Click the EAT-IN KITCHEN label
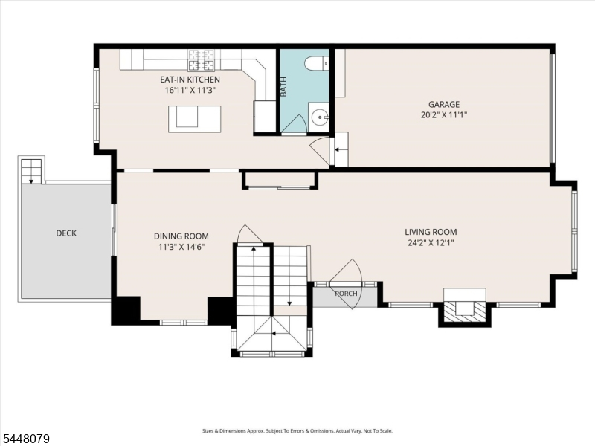point(190,80)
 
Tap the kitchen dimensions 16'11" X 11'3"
point(190,91)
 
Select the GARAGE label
point(444,104)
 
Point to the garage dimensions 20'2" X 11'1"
point(444,115)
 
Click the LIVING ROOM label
point(431,232)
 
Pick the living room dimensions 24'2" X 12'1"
point(431,243)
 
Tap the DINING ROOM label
point(181,236)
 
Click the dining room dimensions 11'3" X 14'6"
point(181,248)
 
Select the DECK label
point(66,233)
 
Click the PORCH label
point(346,294)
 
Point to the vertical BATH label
point(283,86)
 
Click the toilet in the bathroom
point(317,63)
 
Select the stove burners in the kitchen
point(202,60)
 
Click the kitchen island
point(195,119)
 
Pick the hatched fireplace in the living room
point(465,311)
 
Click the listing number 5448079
point(25,439)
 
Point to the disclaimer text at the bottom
point(297,431)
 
